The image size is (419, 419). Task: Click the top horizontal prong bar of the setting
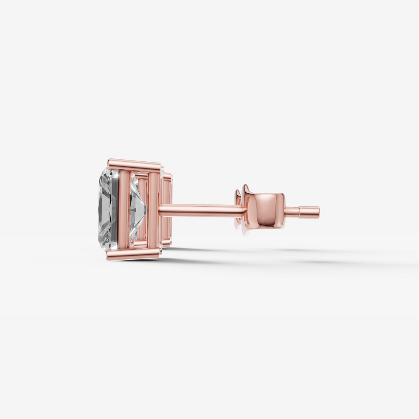134,165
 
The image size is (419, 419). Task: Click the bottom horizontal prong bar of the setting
133,253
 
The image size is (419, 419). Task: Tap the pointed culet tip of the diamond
146,209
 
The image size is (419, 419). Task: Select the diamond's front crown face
105,209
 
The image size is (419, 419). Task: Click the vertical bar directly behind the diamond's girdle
124,209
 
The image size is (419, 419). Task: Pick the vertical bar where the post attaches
154,209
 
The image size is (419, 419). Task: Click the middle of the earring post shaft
201,210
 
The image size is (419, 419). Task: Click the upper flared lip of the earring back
245,189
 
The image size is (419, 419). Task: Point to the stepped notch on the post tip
299,212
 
